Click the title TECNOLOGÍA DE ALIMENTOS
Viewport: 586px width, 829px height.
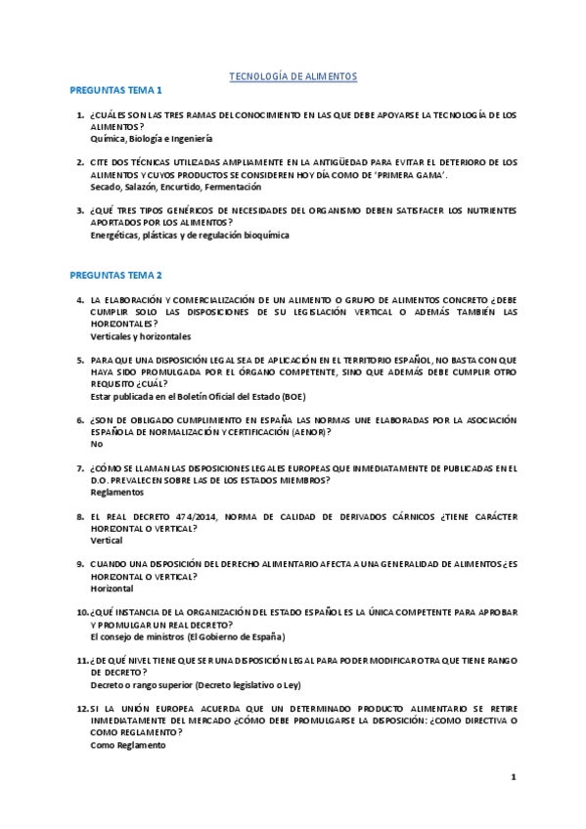(x=293, y=75)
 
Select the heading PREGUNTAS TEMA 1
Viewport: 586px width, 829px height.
(x=115, y=90)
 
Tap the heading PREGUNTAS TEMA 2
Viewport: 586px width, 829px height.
(x=115, y=276)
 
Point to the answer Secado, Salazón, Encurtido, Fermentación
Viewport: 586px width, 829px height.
(x=175, y=186)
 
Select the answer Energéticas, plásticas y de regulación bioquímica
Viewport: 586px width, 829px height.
(x=189, y=235)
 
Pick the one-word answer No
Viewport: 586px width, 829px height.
(x=96, y=443)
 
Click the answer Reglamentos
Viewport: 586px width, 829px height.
(x=116, y=492)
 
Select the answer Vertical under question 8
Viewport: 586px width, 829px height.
(x=106, y=540)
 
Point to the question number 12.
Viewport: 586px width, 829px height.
(x=82, y=708)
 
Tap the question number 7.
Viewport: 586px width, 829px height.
(x=81, y=467)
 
